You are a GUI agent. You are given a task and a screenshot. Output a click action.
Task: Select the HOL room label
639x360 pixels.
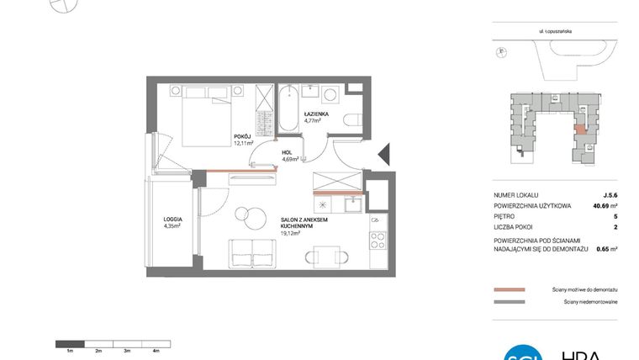pyautogui.click(x=288, y=152)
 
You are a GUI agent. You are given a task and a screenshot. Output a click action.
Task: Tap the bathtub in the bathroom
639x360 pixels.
pyautogui.click(x=288, y=108)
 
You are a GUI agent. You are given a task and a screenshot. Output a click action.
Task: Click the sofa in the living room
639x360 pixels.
pyautogui.click(x=251, y=252)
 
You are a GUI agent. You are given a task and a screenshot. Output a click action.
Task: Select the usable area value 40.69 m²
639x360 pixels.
pyautogui.click(x=602, y=205)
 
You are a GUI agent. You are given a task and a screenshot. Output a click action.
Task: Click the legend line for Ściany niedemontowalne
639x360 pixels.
pyautogui.click(x=510, y=301)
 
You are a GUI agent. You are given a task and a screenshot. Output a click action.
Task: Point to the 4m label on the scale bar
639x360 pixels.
pyautogui.click(x=156, y=349)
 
